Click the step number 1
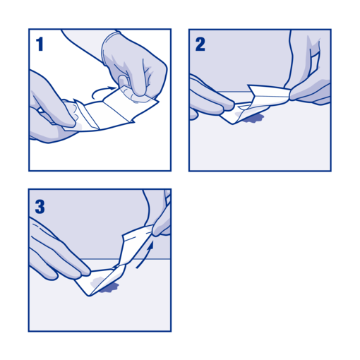click(40, 44)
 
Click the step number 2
click(200, 44)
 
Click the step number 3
click(40, 206)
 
